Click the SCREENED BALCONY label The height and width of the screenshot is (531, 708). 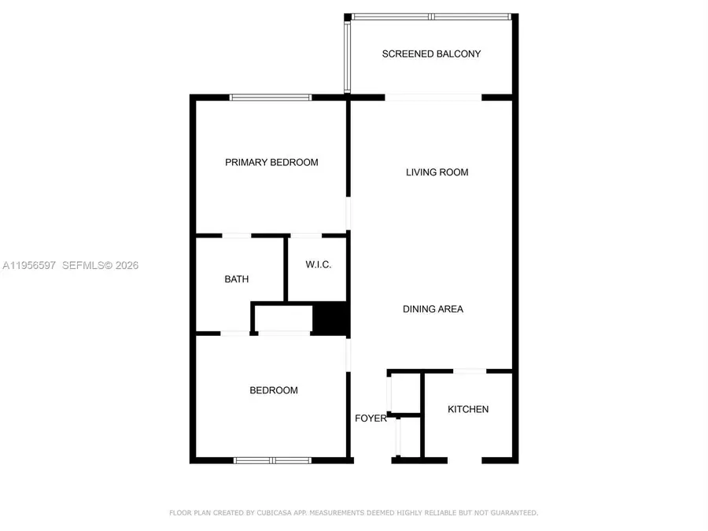tap(431, 54)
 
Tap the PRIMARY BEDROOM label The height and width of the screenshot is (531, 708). tap(271, 163)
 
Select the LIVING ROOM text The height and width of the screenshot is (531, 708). tap(437, 172)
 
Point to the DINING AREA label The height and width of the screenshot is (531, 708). tap(433, 309)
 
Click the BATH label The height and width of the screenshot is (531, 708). tap(237, 279)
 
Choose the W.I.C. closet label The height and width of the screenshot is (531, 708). tap(319, 265)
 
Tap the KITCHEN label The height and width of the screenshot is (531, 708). tap(468, 409)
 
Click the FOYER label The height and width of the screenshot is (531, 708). tap(371, 419)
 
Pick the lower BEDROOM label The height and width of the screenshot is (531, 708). tap(274, 390)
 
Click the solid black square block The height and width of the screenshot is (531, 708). tap(330, 319)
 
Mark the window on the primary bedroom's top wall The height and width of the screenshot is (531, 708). tap(271, 98)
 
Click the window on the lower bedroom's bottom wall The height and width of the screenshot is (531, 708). tap(272, 459)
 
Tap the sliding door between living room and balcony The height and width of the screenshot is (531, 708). tap(433, 98)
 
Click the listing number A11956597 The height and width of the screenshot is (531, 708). tap(29, 266)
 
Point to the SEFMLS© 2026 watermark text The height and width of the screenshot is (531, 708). tap(100, 266)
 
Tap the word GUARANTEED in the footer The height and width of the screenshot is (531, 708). tap(512, 513)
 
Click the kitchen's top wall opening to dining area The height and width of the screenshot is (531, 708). tap(470, 371)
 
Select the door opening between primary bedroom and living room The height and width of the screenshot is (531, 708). tap(349, 215)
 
